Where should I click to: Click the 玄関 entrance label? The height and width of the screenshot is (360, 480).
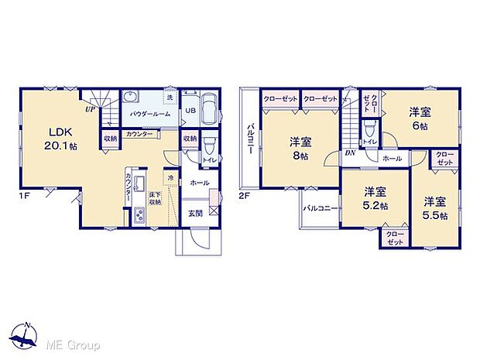(196, 213)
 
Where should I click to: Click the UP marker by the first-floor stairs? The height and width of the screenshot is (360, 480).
(91, 110)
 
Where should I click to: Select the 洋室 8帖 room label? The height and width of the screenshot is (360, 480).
(300, 148)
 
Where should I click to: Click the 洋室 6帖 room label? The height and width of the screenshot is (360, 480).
(420, 118)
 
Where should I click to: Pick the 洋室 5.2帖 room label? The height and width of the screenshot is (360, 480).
(376, 197)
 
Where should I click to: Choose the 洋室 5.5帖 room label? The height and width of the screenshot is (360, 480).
(434, 208)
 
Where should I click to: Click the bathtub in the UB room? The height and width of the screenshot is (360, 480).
(210, 110)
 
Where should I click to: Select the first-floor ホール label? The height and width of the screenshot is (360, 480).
(200, 183)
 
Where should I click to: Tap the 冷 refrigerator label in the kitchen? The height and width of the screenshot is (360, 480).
(170, 179)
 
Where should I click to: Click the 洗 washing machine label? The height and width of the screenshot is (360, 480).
(170, 99)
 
